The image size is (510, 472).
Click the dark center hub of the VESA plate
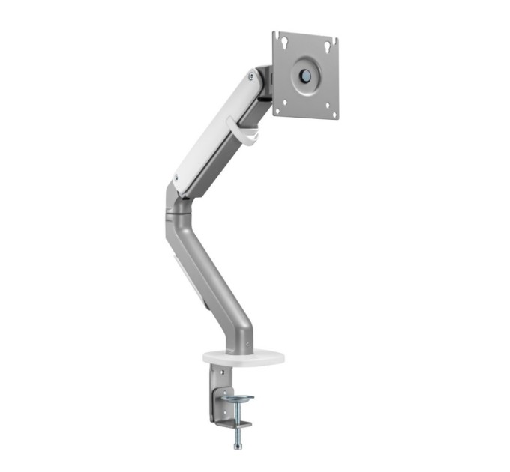(x=306, y=75)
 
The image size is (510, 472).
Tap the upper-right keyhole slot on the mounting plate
(x=328, y=46)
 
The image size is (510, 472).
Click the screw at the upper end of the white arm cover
(x=250, y=75)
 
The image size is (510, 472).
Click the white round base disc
(x=243, y=357)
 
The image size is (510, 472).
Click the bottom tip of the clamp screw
(x=238, y=446)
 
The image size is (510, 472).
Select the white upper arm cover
(x=214, y=127)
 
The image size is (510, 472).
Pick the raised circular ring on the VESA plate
(x=306, y=75)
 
